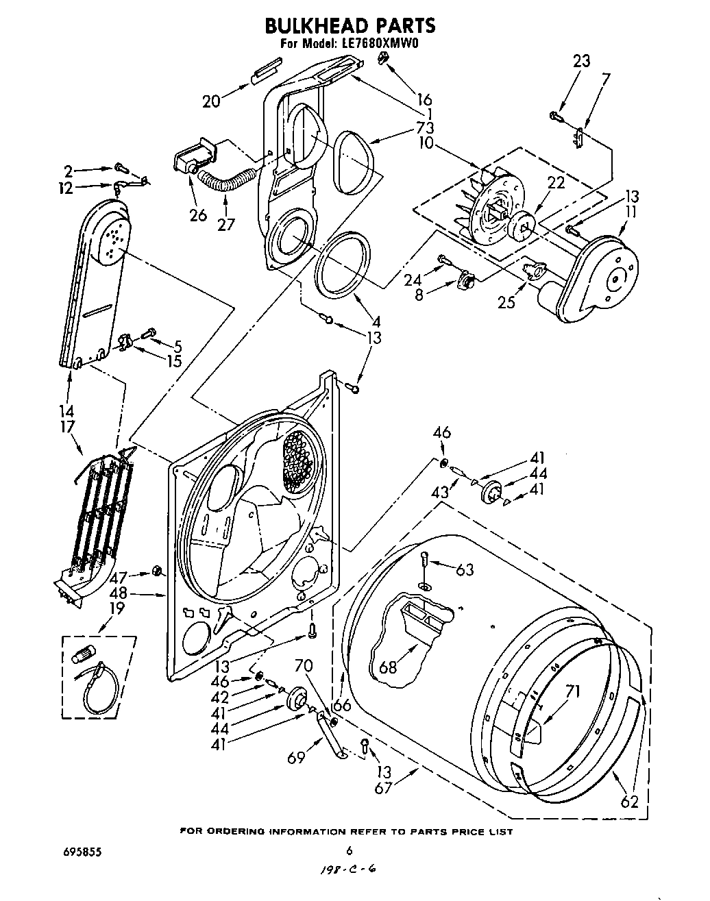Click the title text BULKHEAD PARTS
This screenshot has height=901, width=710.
click(350, 25)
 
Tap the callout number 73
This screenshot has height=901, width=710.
click(425, 127)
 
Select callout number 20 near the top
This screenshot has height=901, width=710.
click(212, 101)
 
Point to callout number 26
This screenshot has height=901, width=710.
click(198, 215)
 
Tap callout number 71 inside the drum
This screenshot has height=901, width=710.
click(573, 691)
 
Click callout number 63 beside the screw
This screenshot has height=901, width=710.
click(465, 569)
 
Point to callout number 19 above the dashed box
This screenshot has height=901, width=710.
click(117, 608)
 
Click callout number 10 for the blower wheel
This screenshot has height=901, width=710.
click(426, 143)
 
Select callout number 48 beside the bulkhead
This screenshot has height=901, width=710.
click(118, 594)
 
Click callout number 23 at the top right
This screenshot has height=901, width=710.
click(580, 61)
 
